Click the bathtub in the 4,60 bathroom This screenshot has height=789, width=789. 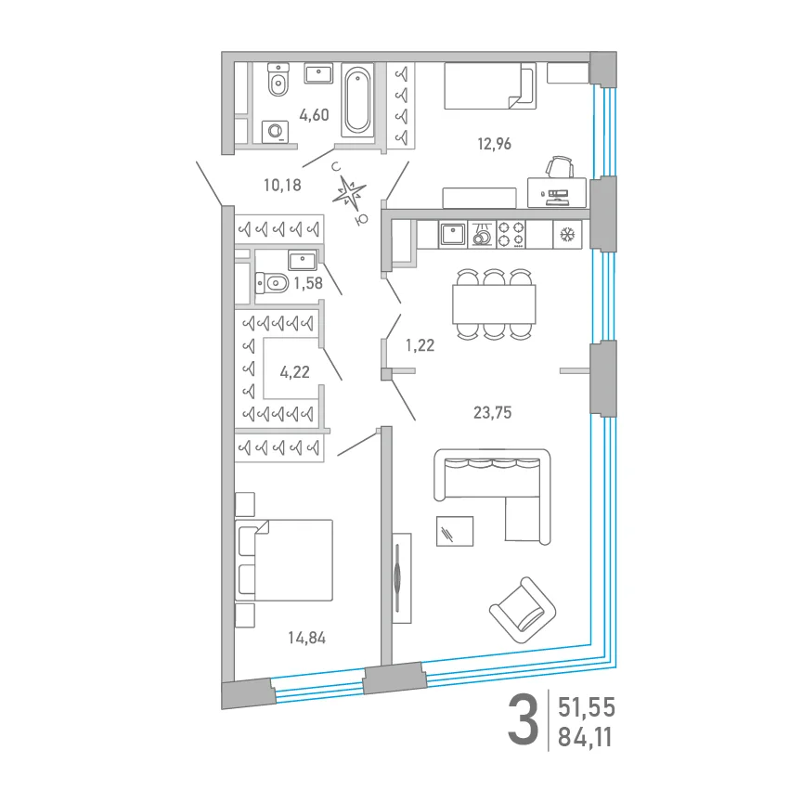pos(357,99)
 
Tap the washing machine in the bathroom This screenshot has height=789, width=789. pos(275,132)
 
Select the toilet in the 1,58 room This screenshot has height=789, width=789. pos(272,283)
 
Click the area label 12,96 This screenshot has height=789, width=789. pos(494,144)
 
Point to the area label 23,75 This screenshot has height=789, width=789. pos(492,413)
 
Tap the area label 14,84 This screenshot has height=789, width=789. pos(306,638)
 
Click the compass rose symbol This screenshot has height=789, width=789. pos(349,192)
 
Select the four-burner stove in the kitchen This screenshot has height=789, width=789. pos(511,235)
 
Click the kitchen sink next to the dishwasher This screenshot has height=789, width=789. pos(453,235)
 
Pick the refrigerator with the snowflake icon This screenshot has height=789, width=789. pos(567,235)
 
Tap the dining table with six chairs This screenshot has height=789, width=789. pos(494,304)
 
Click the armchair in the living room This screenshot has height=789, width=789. pos(523,610)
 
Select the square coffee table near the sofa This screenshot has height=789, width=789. pos(455,531)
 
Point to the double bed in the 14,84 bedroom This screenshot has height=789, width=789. pos(284,560)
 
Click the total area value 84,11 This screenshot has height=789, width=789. pos(585,738)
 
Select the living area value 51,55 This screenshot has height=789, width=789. pos(587,708)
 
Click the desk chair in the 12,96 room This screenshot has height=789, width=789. pos(560,167)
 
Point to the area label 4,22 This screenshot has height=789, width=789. pos(294,372)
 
